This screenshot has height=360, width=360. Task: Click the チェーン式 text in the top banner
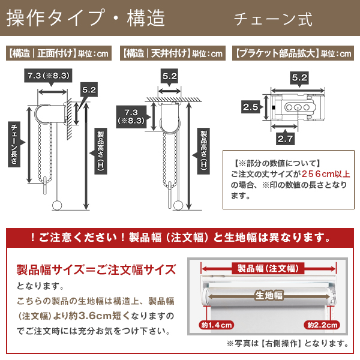pyautogui.click(x=273, y=20)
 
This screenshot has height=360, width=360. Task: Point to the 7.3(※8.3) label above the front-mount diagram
pyautogui.click(x=48, y=76)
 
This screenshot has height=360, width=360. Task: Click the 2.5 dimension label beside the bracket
pyautogui.click(x=250, y=107)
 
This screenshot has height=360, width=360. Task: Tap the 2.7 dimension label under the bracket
pyautogui.click(x=285, y=139)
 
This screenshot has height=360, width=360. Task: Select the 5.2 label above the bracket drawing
pyautogui.click(x=299, y=77)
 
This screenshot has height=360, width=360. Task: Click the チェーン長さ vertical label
pyautogui.click(x=14, y=144)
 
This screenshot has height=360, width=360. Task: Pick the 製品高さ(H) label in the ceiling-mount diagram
pyautogui.click(x=203, y=151)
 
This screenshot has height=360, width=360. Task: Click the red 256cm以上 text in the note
pyautogui.click(x=326, y=174)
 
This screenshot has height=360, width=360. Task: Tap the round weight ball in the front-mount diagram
pyautogui.click(x=57, y=205)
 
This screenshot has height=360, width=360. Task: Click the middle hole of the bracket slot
pyautogui.click(x=298, y=107)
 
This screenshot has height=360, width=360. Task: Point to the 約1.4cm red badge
pyautogui.click(x=216, y=325)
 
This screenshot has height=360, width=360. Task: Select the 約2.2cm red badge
pyautogui.click(x=322, y=325)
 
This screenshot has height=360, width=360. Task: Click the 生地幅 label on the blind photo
pyautogui.click(x=269, y=295)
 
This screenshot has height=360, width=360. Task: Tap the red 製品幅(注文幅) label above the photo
pyautogui.click(x=268, y=268)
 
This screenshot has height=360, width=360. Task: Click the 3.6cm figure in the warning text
pyautogui.click(x=95, y=316)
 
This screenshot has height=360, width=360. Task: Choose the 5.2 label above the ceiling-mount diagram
pyautogui.click(x=169, y=76)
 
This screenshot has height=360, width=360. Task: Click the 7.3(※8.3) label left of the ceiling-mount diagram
pyautogui.click(x=131, y=116)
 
